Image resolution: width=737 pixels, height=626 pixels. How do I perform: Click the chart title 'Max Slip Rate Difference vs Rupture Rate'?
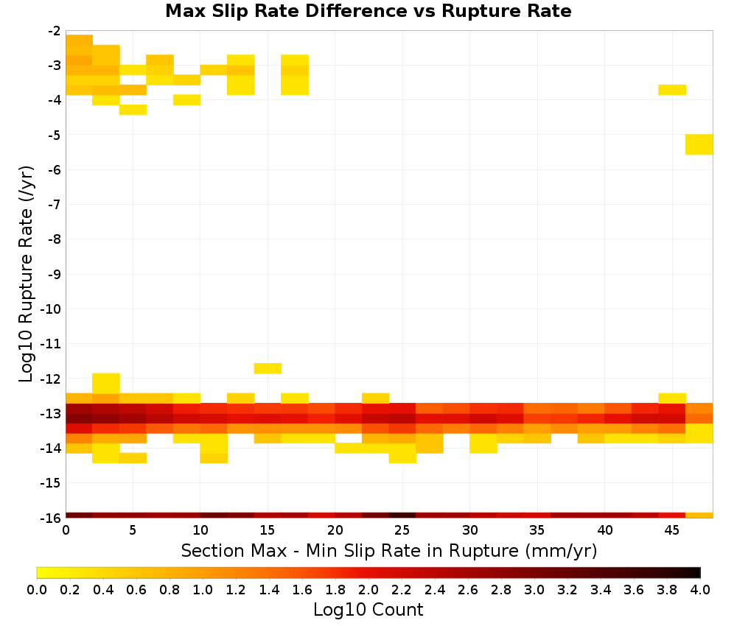pyautogui.click(x=368, y=11)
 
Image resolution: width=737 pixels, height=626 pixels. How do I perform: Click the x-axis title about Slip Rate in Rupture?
pyautogui.click(x=388, y=550)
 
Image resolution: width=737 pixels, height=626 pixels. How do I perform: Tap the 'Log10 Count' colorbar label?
pyautogui.click(x=368, y=610)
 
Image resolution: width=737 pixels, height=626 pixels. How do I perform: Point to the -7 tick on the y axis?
pyautogui.click(x=55, y=204)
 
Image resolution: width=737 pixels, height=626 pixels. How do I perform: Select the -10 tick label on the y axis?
pyautogui.click(x=51, y=309)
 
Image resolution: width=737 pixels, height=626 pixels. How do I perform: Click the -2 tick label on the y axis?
pyautogui.click(x=55, y=31)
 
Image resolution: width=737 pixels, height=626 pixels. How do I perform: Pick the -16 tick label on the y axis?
pyautogui.click(x=51, y=518)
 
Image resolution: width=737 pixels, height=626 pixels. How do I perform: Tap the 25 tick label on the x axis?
pyautogui.click(x=402, y=530)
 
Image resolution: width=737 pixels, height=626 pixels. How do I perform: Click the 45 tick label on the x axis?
pyautogui.click(x=671, y=530)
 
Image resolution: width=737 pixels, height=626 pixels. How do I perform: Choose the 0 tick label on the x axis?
pyautogui.click(x=66, y=530)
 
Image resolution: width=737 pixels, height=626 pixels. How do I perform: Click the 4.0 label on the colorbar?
pyautogui.click(x=700, y=589)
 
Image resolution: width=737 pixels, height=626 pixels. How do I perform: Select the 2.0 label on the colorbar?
pyautogui.click(x=368, y=589)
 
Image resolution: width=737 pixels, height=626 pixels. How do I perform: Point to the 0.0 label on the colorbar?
pyautogui.click(x=37, y=589)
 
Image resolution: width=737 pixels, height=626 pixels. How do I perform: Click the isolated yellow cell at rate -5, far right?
pyautogui.click(x=699, y=144)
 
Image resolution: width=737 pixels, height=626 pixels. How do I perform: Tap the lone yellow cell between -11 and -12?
pyautogui.click(x=268, y=368)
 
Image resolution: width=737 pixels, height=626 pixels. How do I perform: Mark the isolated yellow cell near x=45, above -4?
pyautogui.click(x=672, y=90)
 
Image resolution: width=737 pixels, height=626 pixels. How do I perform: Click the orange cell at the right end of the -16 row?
pyautogui.click(x=699, y=516)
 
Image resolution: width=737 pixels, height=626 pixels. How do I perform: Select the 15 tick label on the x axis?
pyautogui.click(x=267, y=530)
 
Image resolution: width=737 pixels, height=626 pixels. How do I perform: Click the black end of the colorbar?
pyautogui.click(x=696, y=572)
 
